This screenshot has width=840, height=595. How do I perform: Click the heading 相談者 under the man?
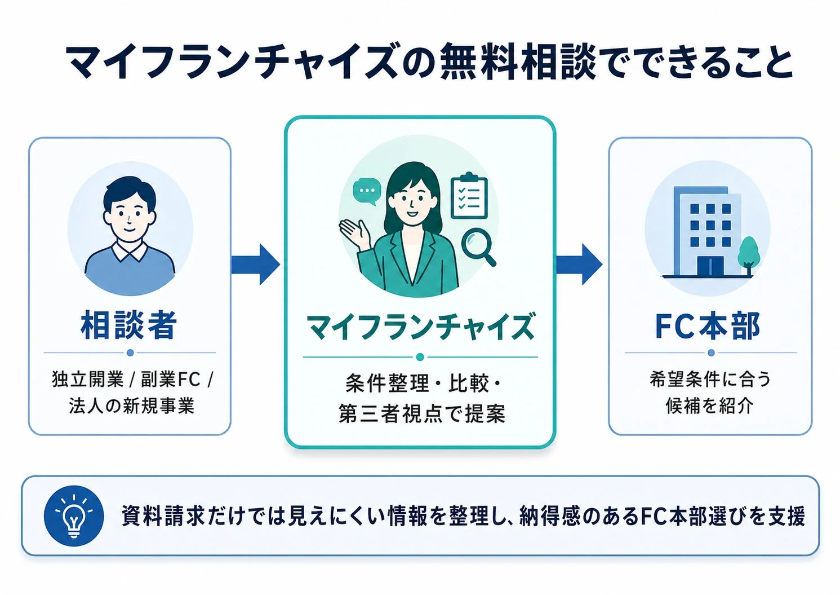[129, 325]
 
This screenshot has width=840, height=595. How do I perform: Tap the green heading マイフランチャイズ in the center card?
[420, 328]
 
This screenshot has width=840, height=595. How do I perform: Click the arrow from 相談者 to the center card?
[256, 264]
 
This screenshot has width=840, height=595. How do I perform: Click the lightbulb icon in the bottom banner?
[74, 515]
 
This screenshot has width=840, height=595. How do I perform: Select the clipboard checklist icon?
[469, 196]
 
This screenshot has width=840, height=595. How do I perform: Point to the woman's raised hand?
[354, 232]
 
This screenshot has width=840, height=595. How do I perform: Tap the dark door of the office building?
[710, 266]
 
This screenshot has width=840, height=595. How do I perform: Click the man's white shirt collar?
[130, 251]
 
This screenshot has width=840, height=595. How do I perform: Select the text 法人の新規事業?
[132, 406]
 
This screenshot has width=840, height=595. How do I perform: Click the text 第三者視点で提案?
[421, 413]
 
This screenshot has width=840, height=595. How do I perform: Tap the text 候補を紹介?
[709, 405]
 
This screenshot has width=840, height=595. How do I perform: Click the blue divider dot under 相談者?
[130, 352]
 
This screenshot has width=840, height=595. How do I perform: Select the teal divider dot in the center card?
[420, 357]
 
